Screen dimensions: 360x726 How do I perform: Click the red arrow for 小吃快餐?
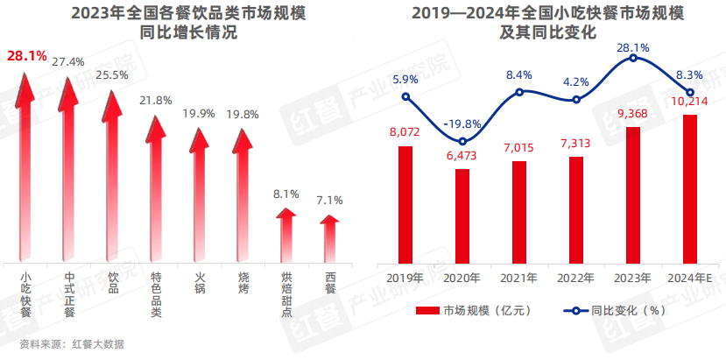pos(26,166)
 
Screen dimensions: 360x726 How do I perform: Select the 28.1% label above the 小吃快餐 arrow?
pos(26,56)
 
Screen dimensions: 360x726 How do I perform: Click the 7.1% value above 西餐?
pos(329,200)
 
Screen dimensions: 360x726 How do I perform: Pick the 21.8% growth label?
pos(156,101)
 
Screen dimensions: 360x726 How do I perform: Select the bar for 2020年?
pos(462,215)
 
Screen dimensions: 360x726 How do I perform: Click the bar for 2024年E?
pos(689,188)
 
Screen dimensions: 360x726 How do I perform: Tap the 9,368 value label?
pos(632,112)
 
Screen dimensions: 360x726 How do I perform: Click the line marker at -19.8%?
pos(462,142)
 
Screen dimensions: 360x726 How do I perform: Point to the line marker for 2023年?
pos(633,59)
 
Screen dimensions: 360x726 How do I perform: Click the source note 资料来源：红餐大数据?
pos(73,343)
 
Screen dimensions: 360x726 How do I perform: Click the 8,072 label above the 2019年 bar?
pos(405,132)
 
